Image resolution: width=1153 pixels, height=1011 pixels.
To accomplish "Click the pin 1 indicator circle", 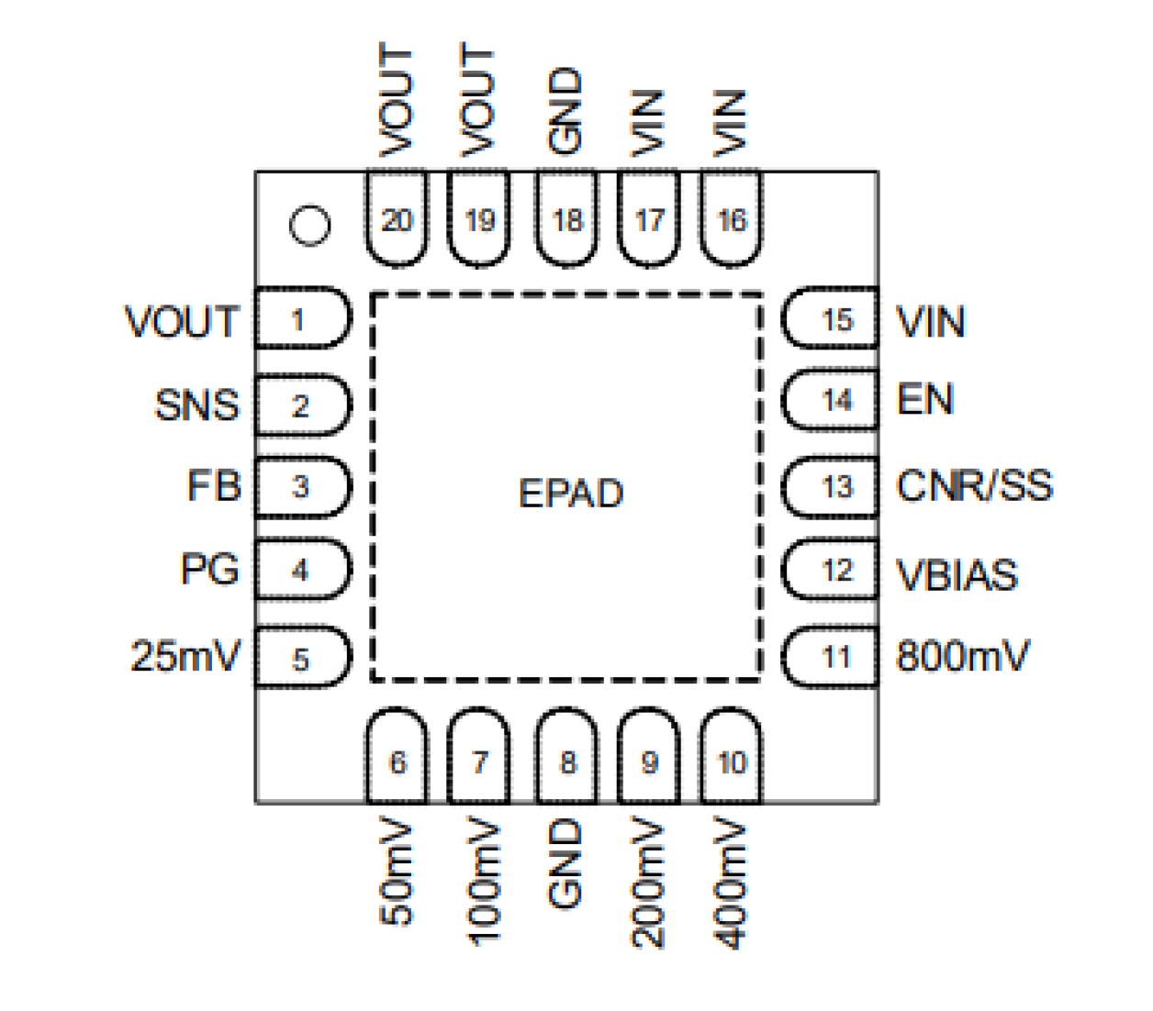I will click(309, 225).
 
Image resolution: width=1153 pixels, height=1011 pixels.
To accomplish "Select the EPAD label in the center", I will click(570, 494).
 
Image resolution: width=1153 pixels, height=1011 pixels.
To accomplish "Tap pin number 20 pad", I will click(397, 220).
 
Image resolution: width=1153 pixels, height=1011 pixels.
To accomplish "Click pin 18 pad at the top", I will click(566, 220).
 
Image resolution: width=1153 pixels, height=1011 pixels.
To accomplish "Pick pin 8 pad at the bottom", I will click(566, 761).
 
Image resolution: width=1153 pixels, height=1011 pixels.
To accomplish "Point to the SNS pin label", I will click(196, 405).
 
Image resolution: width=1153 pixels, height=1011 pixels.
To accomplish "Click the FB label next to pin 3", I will click(214, 486).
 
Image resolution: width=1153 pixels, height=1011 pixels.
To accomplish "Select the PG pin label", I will click(209, 570).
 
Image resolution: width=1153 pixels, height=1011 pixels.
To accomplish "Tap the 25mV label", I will click(185, 656).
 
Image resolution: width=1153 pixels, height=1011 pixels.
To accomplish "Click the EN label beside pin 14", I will click(925, 400).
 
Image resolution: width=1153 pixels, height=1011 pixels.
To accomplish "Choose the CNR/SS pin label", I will click(974, 486).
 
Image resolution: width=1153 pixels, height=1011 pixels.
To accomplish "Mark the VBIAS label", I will click(957, 575).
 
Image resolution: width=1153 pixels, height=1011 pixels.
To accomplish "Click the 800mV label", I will click(962, 657).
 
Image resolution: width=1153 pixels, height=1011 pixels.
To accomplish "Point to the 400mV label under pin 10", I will click(732, 883).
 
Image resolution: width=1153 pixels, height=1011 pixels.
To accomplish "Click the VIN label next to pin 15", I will click(930, 322).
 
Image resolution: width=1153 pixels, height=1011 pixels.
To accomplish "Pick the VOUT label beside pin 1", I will click(182, 322).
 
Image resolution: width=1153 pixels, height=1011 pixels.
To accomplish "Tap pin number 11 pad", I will click(832, 657).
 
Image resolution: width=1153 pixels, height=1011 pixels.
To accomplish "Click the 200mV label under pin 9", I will click(649, 883).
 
